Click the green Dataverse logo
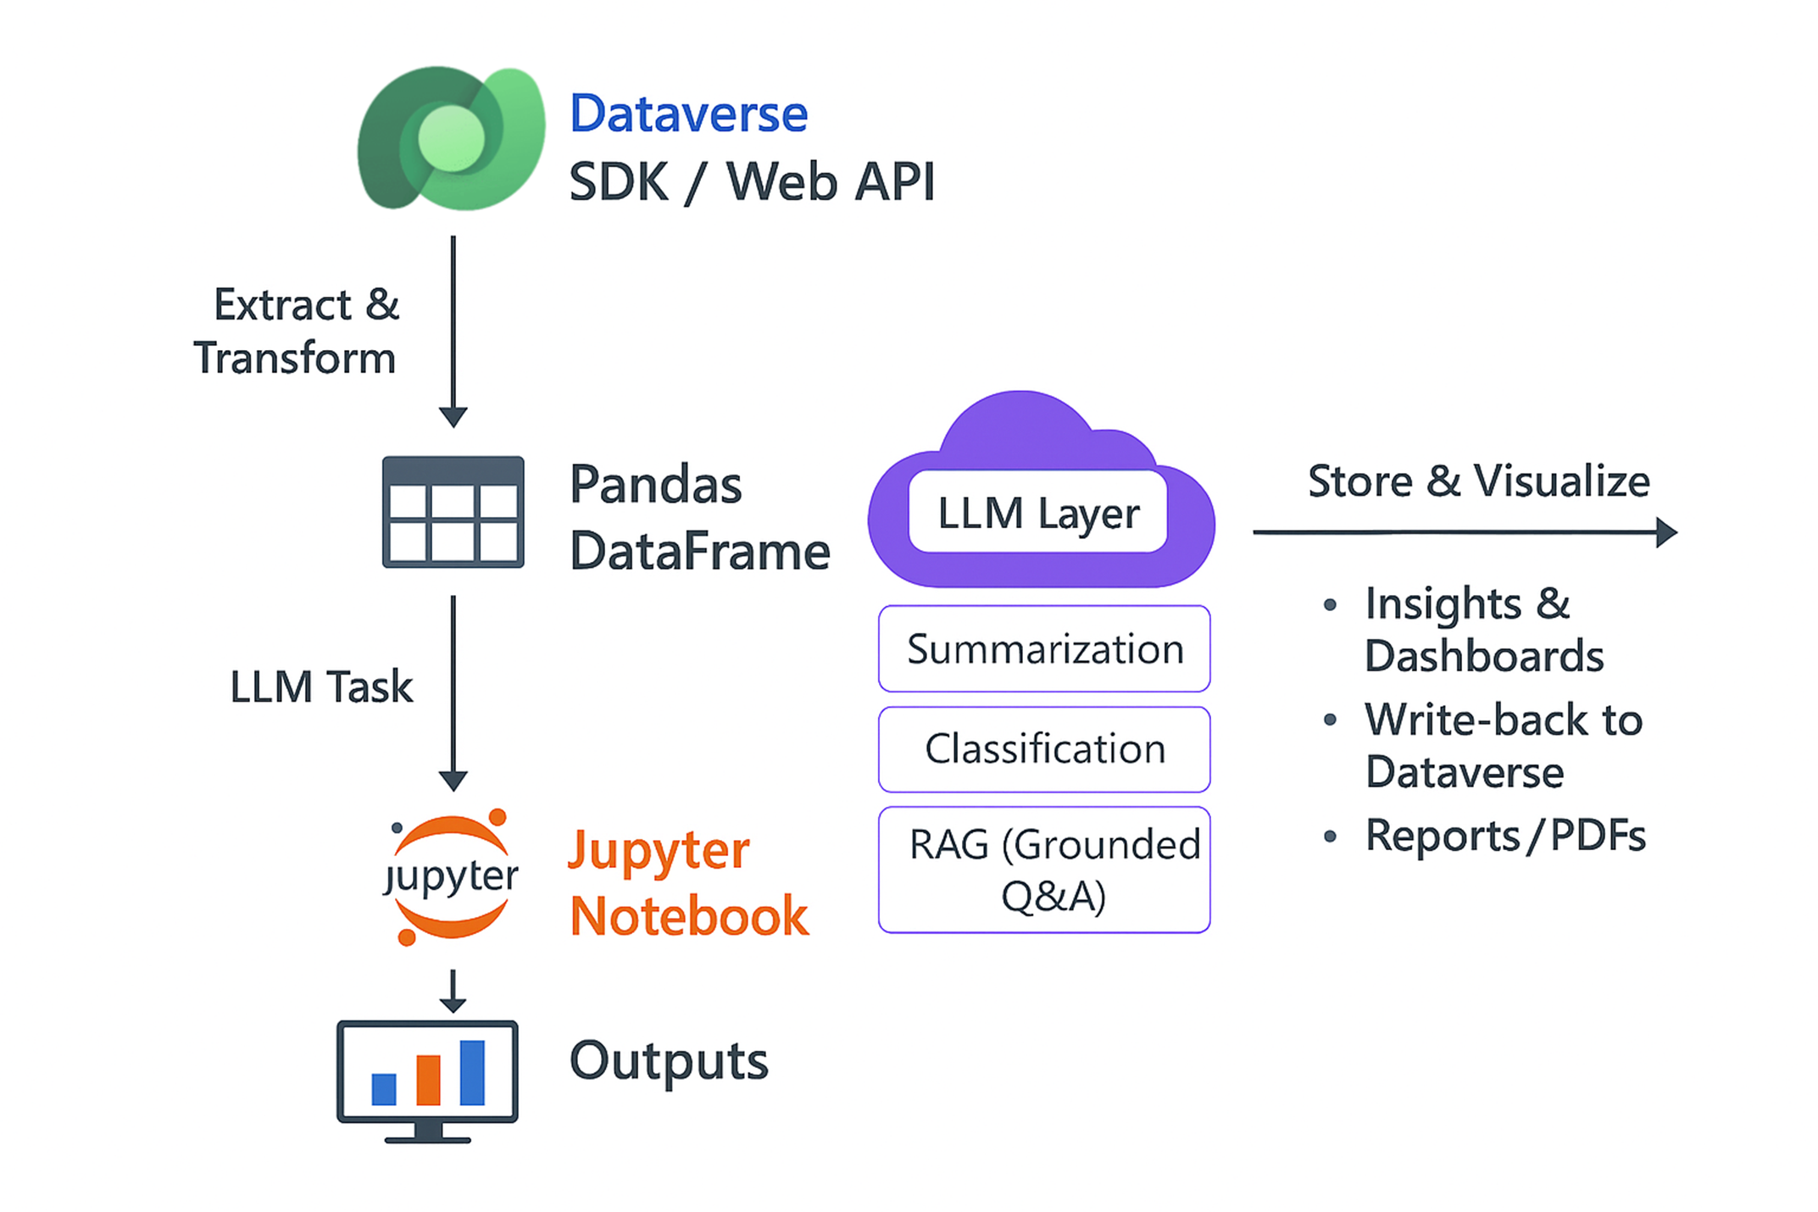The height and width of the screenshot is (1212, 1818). pyautogui.click(x=451, y=138)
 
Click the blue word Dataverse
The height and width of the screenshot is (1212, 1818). pyautogui.click(x=688, y=114)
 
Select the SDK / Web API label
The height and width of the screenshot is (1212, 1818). pyautogui.click(x=751, y=181)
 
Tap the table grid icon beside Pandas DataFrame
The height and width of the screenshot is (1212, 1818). pyautogui.click(x=453, y=512)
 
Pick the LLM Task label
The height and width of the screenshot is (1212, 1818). pyautogui.click(x=321, y=687)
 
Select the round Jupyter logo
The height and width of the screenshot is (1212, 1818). pyautogui.click(x=451, y=876)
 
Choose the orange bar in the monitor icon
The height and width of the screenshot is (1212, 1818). pyautogui.click(x=428, y=1080)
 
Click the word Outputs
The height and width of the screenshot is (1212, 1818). pyautogui.click(x=669, y=1060)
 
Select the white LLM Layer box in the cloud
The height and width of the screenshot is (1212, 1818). pyautogui.click(x=1037, y=512)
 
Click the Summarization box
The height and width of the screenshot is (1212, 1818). pyautogui.click(x=1044, y=649)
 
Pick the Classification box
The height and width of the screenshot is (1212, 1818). pyautogui.click(x=1044, y=749)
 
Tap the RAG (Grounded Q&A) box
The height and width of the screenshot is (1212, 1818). pyautogui.click(x=1044, y=870)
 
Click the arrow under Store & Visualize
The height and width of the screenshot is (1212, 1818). pyautogui.click(x=1464, y=532)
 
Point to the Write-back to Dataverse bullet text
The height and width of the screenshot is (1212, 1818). pyautogui.click(x=1503, y=746)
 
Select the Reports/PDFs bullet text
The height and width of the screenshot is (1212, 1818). pyautogui.click(x=1505, y=836)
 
